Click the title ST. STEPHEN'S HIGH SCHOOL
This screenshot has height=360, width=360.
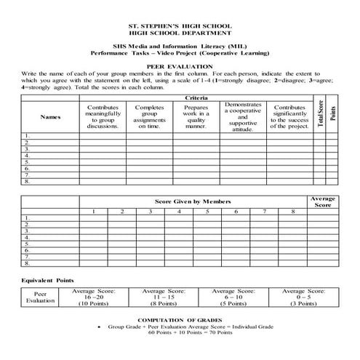pos(180,26)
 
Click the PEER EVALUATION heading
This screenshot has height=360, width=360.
pos(180,65)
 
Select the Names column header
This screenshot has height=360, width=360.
pos(50,116)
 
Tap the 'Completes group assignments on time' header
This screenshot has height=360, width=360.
pos(149,116)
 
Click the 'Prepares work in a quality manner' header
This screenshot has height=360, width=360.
pos(196,116)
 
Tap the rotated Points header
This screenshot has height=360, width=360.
pos(332,114)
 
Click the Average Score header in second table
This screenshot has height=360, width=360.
pos(323,201)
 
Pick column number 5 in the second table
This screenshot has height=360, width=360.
pos(207,211)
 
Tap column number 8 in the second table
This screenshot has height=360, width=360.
pos(292,211)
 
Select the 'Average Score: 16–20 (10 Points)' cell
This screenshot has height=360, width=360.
pos(94,297)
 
